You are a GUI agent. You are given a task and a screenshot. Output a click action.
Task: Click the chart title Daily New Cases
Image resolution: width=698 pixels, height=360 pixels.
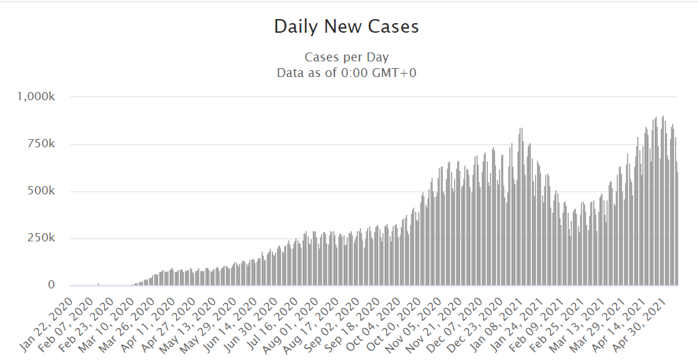(346, 27)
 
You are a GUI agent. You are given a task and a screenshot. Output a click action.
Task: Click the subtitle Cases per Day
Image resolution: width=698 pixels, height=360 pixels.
(347, 57)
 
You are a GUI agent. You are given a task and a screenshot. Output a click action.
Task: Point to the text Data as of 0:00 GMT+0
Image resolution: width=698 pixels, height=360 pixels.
(347, 72)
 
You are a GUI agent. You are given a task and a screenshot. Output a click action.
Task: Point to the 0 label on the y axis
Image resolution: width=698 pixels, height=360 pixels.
(51, 285)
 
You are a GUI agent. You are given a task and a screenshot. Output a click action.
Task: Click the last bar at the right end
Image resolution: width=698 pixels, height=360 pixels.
(678, 228)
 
